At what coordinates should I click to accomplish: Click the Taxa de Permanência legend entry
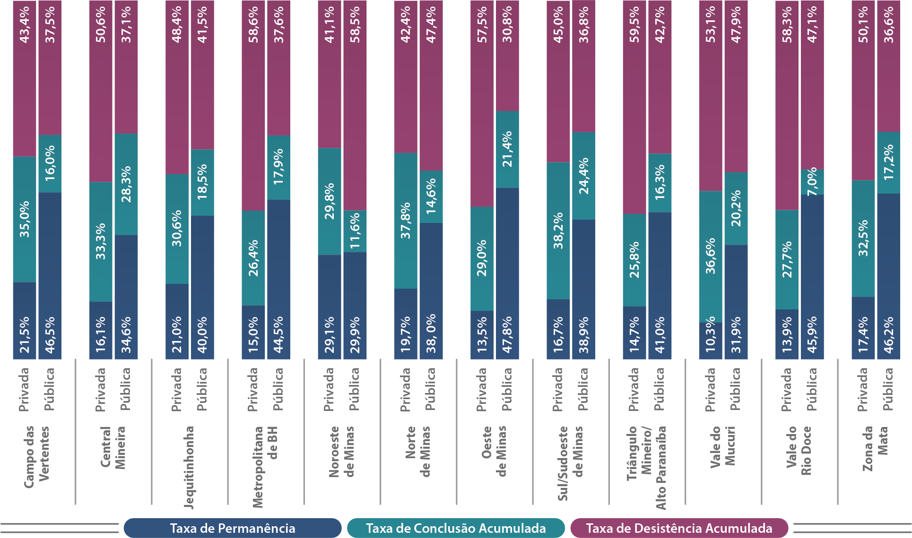(x=232, y=528)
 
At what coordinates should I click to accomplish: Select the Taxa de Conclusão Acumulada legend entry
(x=456, y=528)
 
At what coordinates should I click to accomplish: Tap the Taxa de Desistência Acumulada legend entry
(x=679, y=528)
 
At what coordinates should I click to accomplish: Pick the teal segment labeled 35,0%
(x=25, y=219)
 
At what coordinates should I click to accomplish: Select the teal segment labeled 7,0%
(x=812, y=182)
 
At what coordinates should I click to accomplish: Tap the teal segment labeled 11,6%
(x=355, y=231)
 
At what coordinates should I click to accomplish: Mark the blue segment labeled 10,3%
(x=711, y=340)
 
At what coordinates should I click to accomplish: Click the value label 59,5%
(x=634, y=25)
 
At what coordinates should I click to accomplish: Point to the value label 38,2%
(x=558, y=231)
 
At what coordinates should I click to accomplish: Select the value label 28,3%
(x=126, y=184)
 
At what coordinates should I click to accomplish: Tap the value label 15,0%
(x=253, y=334)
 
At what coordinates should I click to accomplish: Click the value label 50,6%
(x=101, y=25)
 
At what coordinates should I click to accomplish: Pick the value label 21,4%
(x=507, y=149)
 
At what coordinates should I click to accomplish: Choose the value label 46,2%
(x=889, y=334)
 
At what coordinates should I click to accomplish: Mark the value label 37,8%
(x=406, y=220)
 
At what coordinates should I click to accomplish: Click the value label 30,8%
(x=507, y=25)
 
